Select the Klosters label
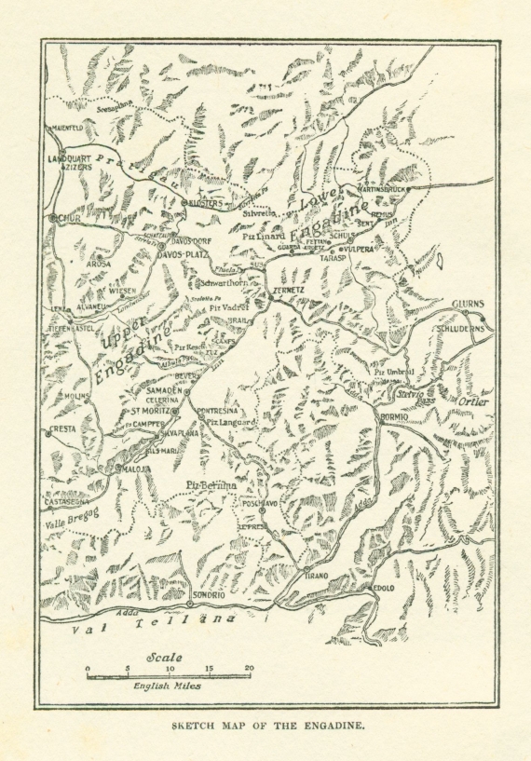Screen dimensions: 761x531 click(x=206, y=203)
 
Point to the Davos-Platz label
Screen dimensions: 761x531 click(x=182, y=253)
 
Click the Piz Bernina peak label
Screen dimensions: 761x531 click(x=211, y=485)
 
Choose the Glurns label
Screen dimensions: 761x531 click(x=469, y=304)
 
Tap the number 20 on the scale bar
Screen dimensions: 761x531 click(x=249, y=668)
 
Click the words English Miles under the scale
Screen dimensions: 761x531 click(x=166, y=686)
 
